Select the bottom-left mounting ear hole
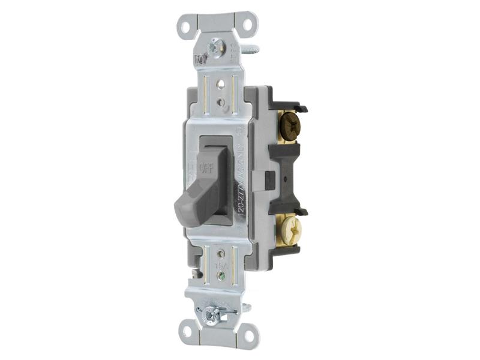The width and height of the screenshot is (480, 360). tap(188, 332)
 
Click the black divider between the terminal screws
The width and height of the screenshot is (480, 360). tap(288, 180)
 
